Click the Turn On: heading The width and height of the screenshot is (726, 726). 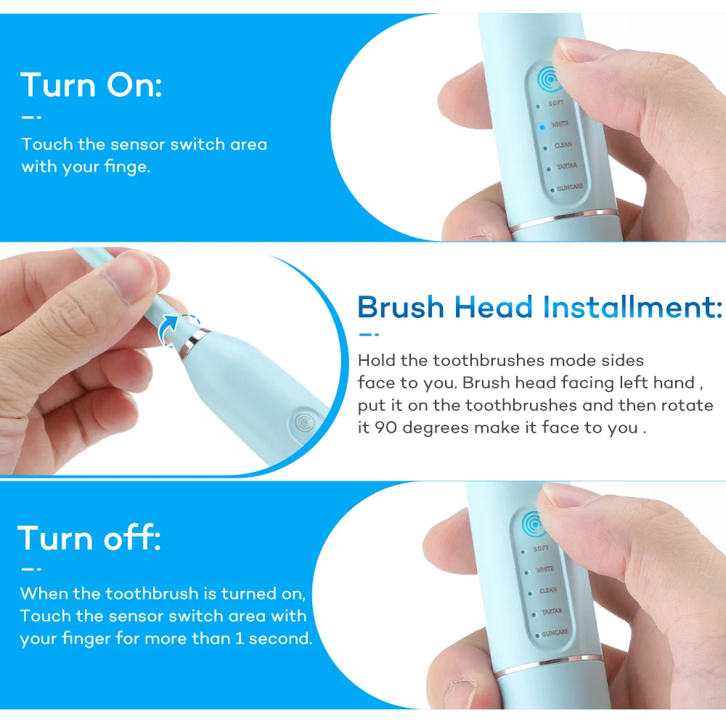click(91, 85)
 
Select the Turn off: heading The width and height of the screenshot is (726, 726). click(89, 538)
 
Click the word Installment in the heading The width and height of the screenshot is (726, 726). click(632, 307)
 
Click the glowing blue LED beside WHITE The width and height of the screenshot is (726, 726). click(542, 126)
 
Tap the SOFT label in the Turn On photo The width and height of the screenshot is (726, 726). click(556, 104)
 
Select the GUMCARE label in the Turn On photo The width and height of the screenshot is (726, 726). click(569, 187)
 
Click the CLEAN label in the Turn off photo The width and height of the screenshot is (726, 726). click(548, 590)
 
